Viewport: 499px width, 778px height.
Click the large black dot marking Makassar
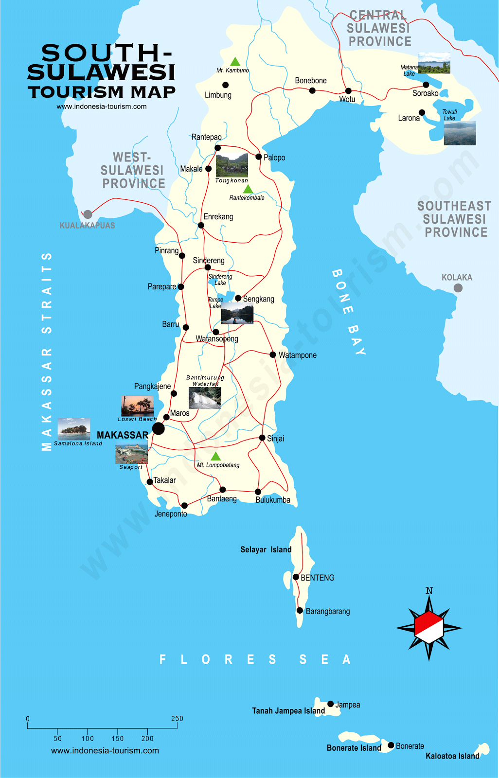[x=159, y=428]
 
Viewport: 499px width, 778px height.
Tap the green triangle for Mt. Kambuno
[x=235, y=62]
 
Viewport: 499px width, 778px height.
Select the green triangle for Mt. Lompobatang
[x=215, y=457]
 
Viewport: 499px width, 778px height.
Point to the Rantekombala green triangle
[x=248, y=189]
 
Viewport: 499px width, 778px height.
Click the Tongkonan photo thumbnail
[x=232, y=165]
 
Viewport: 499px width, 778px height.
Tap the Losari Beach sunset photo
[x=137, y=406]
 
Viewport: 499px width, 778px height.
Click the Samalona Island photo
[x=73, y=429]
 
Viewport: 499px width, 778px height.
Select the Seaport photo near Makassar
[x=131, y=454]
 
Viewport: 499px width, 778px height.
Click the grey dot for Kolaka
[x=458, y=288]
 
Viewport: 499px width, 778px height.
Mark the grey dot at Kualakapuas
[x=88, y=214]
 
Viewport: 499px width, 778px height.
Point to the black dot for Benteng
[x=296, y=577]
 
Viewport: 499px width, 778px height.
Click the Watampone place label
[x=297, y=355]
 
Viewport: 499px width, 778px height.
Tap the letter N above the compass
[x=429, y=591]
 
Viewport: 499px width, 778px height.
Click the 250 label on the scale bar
[x=177, y=719]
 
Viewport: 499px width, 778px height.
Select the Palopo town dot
[x=259, y=157]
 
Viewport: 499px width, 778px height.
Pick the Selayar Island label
[x=266, y=549]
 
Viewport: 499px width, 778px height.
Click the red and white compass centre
[x=429, y=627]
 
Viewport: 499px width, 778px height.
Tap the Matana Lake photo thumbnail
[x=434, y=63]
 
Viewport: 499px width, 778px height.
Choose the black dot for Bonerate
[x=391, y=745]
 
